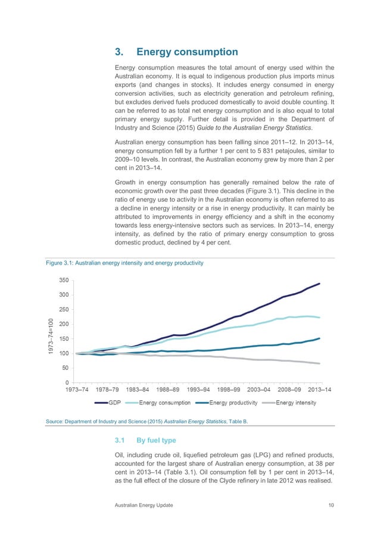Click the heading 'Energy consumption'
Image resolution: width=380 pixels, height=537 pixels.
click(187, 52)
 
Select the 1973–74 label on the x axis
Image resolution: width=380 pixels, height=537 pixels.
click(77, 390)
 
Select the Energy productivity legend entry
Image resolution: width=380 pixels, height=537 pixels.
click(232, 403)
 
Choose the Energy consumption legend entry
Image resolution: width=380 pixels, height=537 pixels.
click(165, 403)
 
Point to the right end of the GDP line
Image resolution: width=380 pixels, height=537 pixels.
click(320, 284)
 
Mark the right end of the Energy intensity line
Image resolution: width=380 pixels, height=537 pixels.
click(320, 363)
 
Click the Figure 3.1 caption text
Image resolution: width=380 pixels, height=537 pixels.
click(126, 263)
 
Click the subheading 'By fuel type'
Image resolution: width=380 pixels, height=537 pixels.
click(156, 441)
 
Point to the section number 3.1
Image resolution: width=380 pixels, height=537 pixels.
click(120, 441)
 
